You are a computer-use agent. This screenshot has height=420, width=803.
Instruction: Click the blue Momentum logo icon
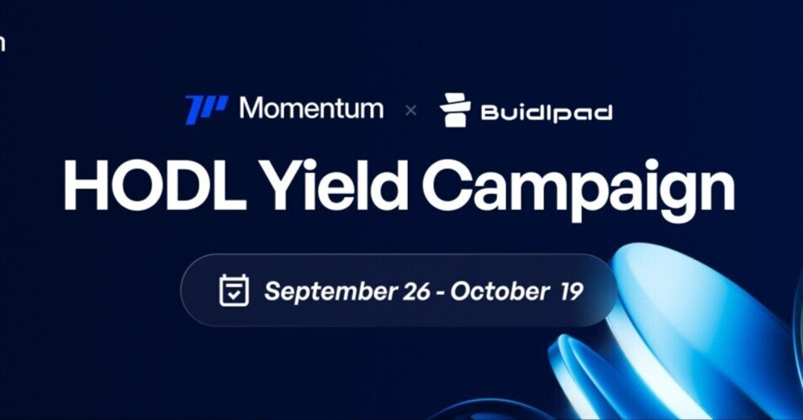206,110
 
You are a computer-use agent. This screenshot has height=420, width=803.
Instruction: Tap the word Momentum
311,109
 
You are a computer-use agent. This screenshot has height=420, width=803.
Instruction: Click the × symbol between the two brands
411,111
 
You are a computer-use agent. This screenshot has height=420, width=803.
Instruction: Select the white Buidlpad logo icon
455,110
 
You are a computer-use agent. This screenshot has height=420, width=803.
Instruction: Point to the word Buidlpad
546,113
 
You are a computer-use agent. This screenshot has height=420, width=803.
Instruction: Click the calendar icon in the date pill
234,290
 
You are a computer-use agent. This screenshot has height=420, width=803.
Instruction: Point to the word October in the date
500,291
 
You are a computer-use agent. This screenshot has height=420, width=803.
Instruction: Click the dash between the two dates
442,292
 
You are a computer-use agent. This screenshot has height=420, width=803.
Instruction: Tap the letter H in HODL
85,185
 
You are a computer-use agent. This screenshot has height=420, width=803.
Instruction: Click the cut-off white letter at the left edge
2,44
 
